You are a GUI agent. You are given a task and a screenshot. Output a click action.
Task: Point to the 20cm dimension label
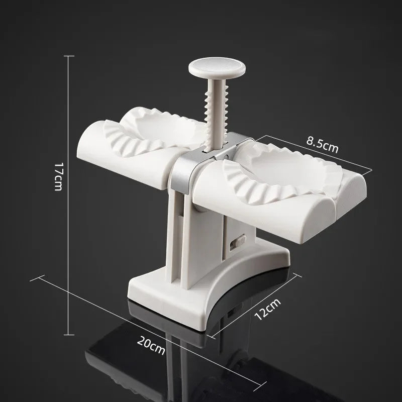click(151, 346)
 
